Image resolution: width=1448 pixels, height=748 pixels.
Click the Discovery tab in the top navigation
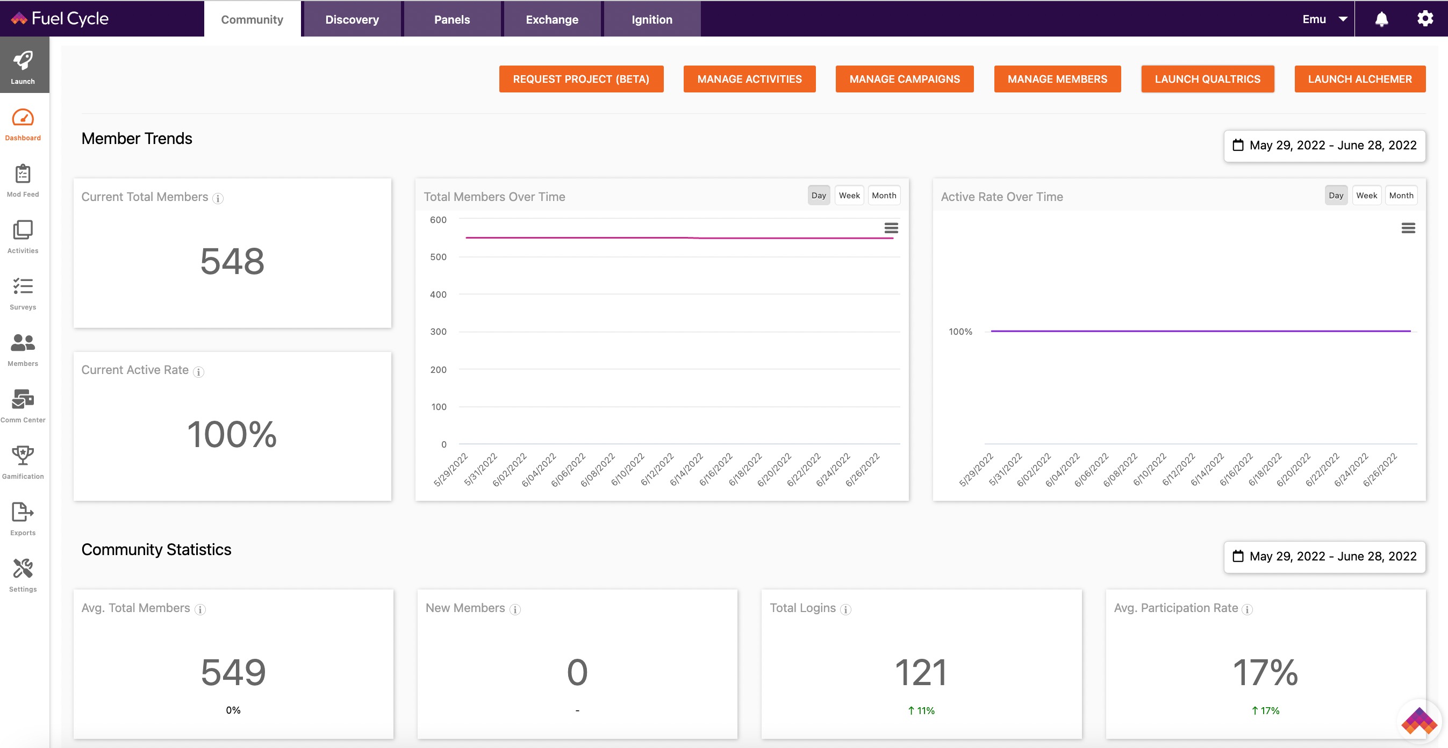(x=352, y=19)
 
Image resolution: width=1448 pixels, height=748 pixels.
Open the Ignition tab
(x=652, y=19)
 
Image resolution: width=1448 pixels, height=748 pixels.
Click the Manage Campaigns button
(x=905, y=79)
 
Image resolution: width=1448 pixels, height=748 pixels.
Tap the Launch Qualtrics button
(x=1207, y=79)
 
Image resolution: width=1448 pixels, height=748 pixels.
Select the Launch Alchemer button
(x=1360, y=79)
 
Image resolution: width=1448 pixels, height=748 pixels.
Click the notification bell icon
(x=1382, y=19)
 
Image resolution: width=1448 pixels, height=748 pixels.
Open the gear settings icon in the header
(x=1425, y=19)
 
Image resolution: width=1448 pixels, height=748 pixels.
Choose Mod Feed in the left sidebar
(x=23, y=181)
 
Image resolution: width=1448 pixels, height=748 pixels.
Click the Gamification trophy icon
(x=23, y=455)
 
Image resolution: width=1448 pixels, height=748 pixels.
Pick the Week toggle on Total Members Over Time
(x=849, y=196)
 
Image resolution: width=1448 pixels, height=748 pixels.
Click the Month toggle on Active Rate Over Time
(x=1401, y=196)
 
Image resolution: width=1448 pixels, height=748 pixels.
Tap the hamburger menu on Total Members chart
(x=891, y=228)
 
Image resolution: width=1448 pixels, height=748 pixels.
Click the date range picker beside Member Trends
(x=1324, y=146)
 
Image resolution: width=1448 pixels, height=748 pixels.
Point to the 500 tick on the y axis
(x=439, y=257)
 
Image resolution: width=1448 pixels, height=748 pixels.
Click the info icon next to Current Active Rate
(x=198, y=371)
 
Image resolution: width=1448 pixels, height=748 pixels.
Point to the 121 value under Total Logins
(x=921, y=672)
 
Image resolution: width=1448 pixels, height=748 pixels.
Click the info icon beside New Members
(x=515, y=609)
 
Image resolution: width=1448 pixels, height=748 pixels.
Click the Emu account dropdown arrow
(x=1343, y=19)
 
